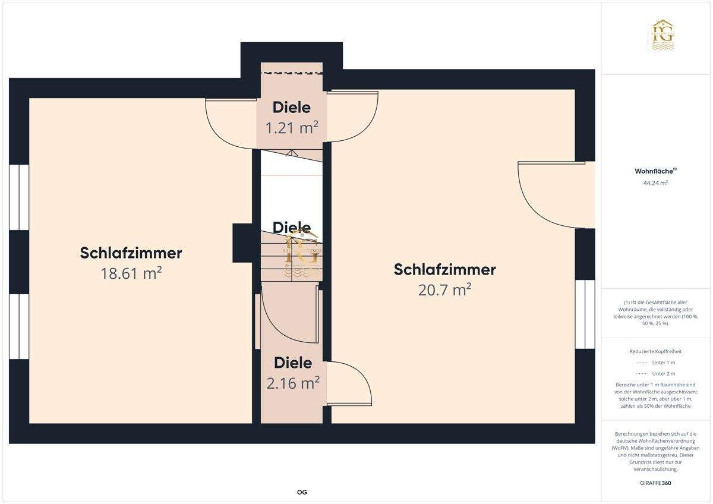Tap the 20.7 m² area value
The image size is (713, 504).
click(445, 289)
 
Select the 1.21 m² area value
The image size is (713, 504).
click(292, 127)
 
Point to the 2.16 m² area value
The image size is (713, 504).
click(293, 383)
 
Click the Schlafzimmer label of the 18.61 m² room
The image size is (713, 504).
click(131, 253)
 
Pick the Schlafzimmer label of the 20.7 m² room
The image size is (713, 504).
click(445, 270)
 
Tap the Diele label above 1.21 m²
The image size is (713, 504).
click(292, 108)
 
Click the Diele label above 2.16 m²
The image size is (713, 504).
click(293, 363)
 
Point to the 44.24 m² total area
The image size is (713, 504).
click(656, 183)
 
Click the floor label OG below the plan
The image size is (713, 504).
click(302, 492)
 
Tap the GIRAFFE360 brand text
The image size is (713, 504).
click(656, 483)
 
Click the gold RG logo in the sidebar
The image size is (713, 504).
click(661, 34)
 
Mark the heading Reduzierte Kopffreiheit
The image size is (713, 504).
click(656, 351)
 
